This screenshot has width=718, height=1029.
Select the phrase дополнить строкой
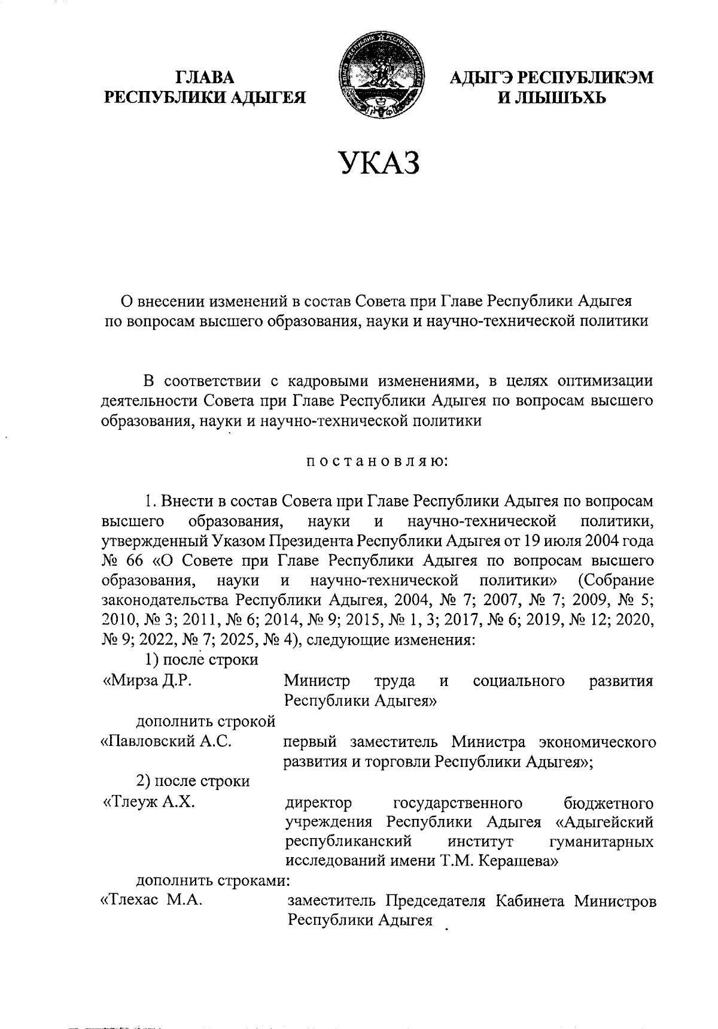(x=206, y=722)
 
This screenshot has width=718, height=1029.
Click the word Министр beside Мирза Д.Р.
(x=317, y=681)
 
